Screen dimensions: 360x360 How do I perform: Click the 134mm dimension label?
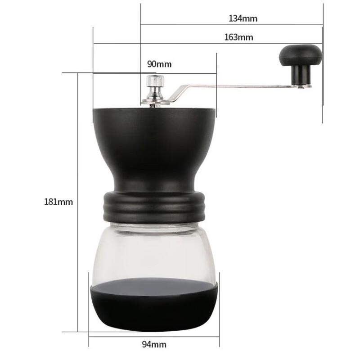pos(243,18)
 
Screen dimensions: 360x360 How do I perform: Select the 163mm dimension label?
pos(238,37)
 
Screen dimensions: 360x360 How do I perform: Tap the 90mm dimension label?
pos(159,64)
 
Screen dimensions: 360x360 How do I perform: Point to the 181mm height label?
pos(59,202)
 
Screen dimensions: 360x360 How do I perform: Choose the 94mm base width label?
pos(154,345)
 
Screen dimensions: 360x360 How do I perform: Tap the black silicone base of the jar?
pos(153,306)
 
